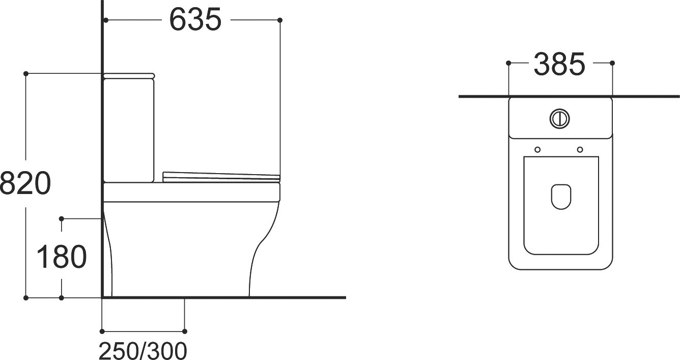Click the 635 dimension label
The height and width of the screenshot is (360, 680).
point(195,19)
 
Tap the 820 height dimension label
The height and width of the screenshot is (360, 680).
point(25,183)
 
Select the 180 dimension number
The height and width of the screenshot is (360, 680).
point(62,257)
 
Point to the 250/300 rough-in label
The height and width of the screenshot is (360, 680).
point(143,351)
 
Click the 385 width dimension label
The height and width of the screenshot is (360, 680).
point(559,64)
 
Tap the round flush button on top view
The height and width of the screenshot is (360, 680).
point(559,119)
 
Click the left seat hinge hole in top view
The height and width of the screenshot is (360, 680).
point(537,150)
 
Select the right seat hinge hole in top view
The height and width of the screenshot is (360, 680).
point(580,150)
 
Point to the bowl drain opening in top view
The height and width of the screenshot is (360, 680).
point(561,197)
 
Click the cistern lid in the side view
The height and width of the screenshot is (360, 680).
point(129,76)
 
